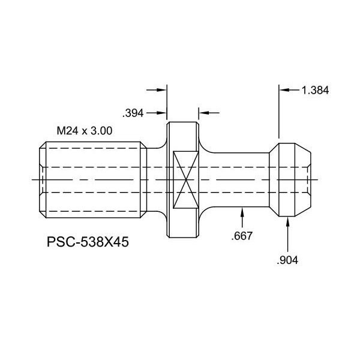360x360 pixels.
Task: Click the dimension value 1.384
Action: (x=315, y=90)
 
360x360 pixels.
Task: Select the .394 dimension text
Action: (x=133, y=113)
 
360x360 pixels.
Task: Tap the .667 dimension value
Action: (x=242, y=236)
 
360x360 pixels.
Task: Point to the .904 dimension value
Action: (x=287, y=260)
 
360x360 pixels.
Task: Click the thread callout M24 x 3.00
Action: (x=85, y=131)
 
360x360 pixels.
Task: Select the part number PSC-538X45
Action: (x=88, y=242)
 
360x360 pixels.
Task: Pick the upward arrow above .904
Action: (x=287, y=235)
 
